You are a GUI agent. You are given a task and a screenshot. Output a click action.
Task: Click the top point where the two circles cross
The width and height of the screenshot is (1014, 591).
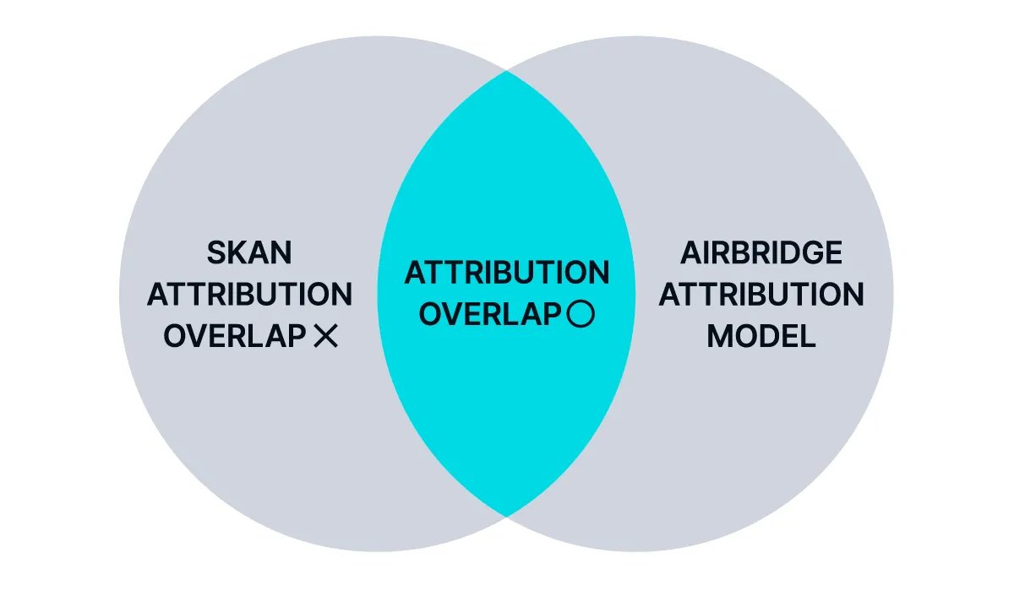click(x=506, y=71)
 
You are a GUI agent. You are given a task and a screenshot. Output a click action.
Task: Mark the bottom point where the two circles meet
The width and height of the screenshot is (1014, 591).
click(x=506, y=516)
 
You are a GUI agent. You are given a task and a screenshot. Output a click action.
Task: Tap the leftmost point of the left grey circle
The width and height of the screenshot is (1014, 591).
click(x=119, y=294)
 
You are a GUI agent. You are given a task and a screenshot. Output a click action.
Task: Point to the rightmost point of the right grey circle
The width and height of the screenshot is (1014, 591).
click(x=894, y=294)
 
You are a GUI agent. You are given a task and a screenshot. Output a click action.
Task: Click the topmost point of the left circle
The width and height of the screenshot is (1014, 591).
click(x=378, y=36)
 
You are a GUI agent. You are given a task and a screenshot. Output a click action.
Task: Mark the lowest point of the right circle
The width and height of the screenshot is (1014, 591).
click(x=635, y=551)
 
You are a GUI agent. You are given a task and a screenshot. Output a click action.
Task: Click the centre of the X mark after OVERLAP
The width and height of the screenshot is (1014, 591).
click(x=326, y=336)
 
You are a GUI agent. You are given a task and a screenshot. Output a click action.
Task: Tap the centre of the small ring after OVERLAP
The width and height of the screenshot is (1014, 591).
click(x=581, y=314)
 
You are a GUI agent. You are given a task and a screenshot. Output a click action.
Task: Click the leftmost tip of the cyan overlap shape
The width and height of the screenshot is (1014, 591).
click(x=378, y=294)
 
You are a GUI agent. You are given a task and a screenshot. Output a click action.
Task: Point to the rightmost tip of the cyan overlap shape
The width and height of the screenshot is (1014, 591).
click(x=635, y=294)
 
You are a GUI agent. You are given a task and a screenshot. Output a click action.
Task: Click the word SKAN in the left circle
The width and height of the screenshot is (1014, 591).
click(x=249, y=252)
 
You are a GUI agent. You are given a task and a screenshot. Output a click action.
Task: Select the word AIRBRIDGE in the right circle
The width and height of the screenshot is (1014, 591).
click(x=761, y=252)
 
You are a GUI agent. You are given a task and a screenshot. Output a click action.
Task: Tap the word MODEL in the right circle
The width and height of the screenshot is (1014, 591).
click(x=761, y=336)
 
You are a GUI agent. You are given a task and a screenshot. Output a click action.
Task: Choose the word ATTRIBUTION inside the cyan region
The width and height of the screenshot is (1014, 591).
click(x=507, y=273)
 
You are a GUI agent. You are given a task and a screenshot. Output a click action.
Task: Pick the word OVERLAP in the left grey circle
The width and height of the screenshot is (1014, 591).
click(x=235, y=336)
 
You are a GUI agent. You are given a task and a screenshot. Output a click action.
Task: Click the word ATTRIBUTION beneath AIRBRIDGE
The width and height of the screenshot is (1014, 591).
click(x=761, y=295)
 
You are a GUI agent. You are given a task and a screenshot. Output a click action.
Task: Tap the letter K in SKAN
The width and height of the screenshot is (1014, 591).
click(x=238, y=252)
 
